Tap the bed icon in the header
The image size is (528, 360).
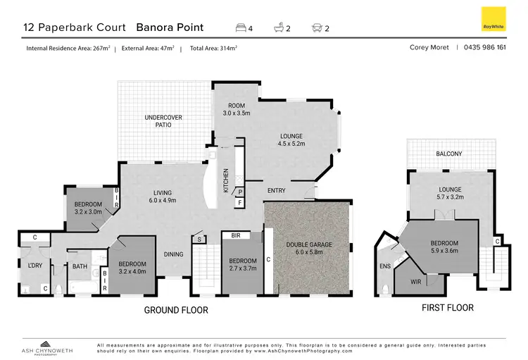(241, 28)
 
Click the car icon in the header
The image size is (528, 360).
(316, 28)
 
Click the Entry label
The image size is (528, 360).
(276, 190)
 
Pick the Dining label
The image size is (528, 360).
(174, 254)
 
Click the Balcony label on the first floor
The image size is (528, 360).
(448, 154)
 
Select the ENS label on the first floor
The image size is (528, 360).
(384, 266)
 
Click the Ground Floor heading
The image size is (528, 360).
(175, 310)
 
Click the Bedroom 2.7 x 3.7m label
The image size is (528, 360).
(241, 264)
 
